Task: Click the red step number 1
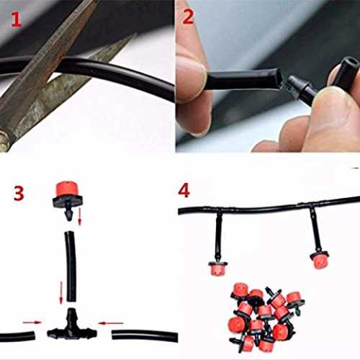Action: [x=17, y=19]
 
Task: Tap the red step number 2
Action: [x=188, y=17]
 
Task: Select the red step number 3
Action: [x=19, y=194]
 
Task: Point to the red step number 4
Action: [x=184, y=191]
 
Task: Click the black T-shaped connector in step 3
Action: [x=71, y=327]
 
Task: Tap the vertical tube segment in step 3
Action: [x=71, y=266]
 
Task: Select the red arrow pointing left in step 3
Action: [x=111, y=323]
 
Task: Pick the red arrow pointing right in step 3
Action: [x=32, y=323]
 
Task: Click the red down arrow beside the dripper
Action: [x=80, y=217]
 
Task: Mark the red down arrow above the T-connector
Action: [x=61, y=292]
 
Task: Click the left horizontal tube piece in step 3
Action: [x=17, y=336]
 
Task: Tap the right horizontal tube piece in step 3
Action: [x=145, y=336]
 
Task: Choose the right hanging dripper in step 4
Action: [x=319, y=260]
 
